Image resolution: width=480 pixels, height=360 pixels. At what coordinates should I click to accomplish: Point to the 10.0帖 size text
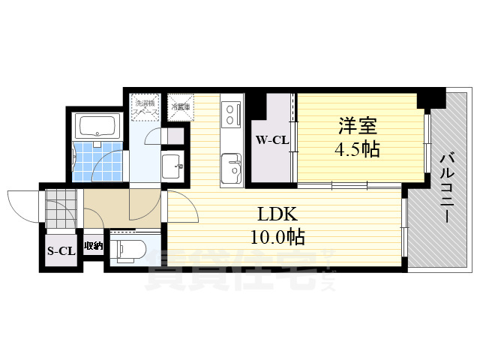tap(277, 238)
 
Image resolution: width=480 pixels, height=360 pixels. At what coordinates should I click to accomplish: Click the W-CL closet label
tap(272, 139)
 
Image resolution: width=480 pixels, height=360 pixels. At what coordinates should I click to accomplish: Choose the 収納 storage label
tap(93, 246)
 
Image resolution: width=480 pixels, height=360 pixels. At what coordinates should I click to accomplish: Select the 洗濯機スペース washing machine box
tap(144, 106)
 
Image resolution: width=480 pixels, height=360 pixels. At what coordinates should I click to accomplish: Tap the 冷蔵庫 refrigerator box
tap(180, 106)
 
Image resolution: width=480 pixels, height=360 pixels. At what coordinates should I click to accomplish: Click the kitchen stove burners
tap(229, 114)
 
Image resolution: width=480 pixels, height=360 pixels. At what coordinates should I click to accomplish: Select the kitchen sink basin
tap(230, 164)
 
